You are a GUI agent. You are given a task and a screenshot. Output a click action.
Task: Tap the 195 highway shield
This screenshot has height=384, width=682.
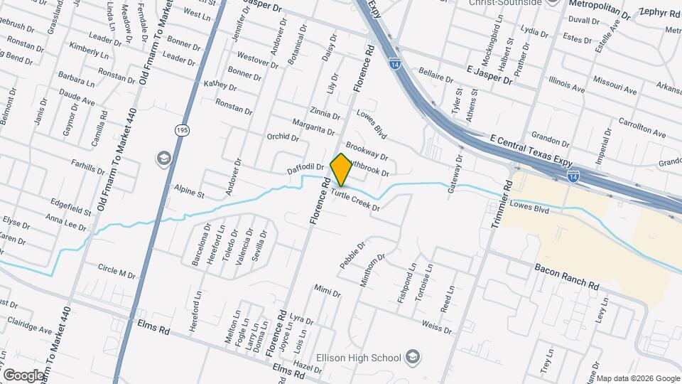[x=181, y=129]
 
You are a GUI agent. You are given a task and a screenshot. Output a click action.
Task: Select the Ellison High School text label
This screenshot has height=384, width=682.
[x=360, y=357]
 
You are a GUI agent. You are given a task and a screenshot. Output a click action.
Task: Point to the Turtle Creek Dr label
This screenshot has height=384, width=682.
[x=355, y=201]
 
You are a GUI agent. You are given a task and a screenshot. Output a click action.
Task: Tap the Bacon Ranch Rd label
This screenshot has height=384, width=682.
[x=566, y=277]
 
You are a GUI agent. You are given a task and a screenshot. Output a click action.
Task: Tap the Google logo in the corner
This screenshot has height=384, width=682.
[x=23, y=375]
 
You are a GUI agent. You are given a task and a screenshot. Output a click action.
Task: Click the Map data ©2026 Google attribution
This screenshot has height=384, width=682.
[x=637, y=378]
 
